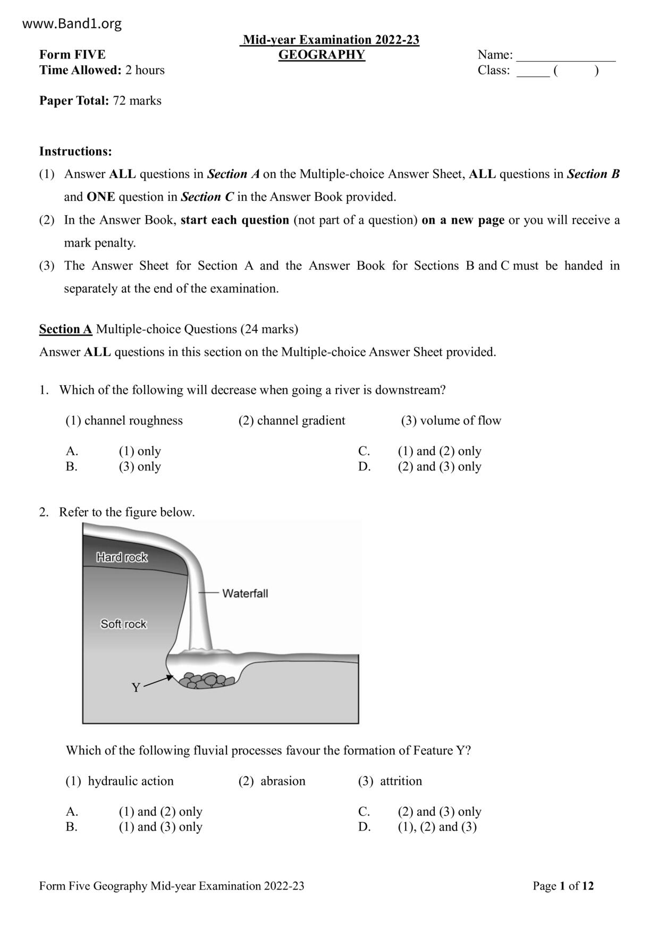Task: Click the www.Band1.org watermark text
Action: [x=72, y=24]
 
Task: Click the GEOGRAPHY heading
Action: [x=322, y=55]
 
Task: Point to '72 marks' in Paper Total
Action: [x=137, y=101]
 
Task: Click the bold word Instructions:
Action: [x=75, y=151]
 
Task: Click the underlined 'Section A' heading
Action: [x=65, y=329]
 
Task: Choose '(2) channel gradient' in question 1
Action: [x=291, y=421]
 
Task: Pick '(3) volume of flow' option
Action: [x=451, y=421]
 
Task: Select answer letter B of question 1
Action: [x=72, y=467]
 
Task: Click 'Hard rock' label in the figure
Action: [x=122, y=557]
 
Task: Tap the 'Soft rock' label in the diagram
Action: [x=123, y=624]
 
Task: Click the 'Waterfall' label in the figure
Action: [x=244, y=594]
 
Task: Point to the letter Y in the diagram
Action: [x=136, y=688]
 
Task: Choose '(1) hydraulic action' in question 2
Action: [x=120, y=781]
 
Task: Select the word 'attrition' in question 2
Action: [x=401, y=781]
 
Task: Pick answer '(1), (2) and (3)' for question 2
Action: [x=437, y=827]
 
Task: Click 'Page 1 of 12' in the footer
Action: [x=563, y=886]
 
